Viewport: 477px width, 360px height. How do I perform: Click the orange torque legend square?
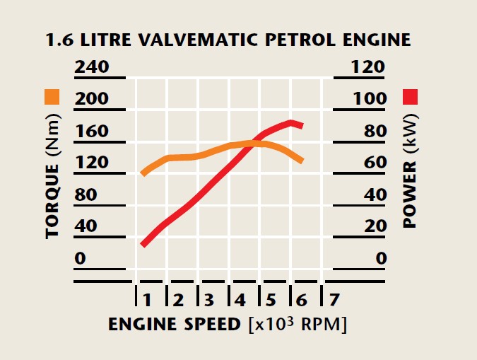[52, 97]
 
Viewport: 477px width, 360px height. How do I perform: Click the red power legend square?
[411, 97]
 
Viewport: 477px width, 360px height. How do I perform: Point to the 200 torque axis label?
[91, 98]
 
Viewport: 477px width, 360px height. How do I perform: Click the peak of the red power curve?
[290, 122]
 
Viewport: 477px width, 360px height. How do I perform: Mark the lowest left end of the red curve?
[143, 244]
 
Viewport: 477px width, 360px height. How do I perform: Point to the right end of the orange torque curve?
[302, 161]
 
